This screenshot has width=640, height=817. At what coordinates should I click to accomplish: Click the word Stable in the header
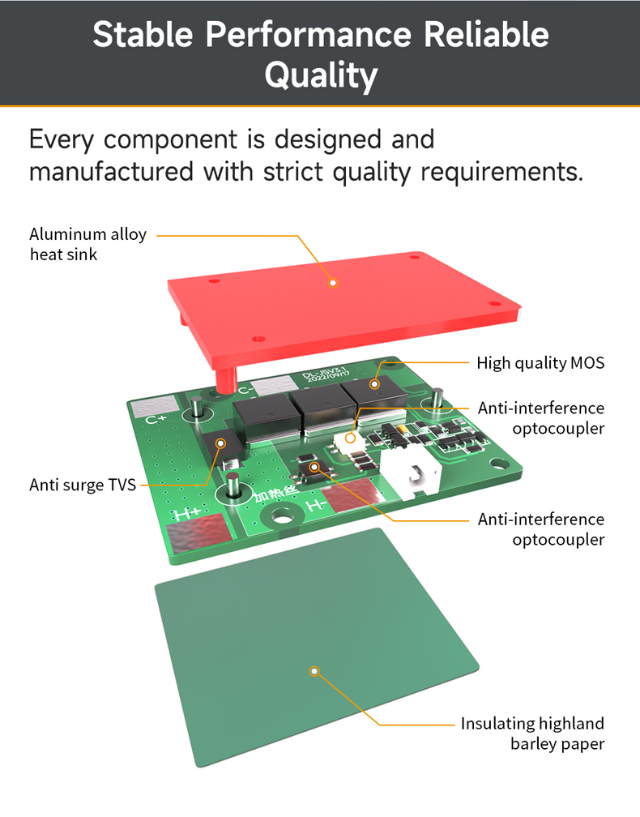(x=143, y=35)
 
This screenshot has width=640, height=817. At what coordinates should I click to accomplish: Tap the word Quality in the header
(x=321, y=75)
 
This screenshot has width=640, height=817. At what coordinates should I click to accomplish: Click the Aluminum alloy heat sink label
(x=87, y=244)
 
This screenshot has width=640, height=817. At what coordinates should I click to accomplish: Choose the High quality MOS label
(x=540, y=363)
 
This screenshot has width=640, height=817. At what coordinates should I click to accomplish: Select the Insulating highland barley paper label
(x=532, y=733)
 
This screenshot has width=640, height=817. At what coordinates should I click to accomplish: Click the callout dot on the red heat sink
(x=332, y=283)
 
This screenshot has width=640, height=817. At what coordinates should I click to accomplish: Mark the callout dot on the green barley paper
(x=315, y=670)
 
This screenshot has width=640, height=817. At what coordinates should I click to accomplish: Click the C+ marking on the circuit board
(x=156, y=420)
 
